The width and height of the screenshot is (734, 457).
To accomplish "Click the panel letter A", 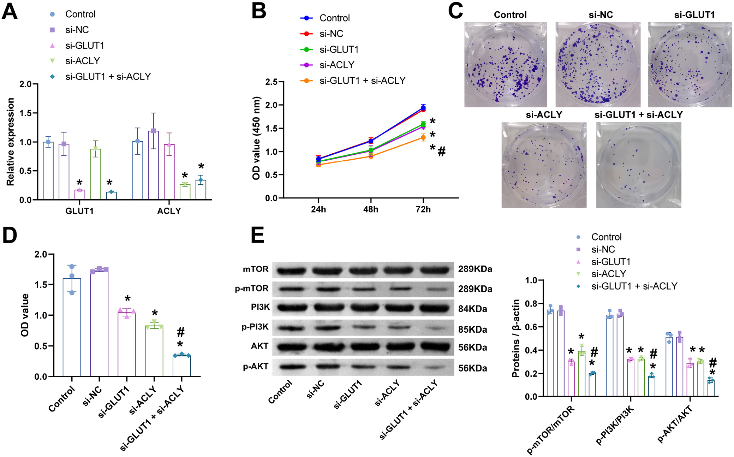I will click(10, 11).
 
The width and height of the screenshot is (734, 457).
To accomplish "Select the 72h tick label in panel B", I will click(423, 209).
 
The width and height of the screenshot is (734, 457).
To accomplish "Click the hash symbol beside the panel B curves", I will click(442, 152).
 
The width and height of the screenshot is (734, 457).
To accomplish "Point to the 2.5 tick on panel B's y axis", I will click(271, 82).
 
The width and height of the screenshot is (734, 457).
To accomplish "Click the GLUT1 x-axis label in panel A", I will click(79, 211).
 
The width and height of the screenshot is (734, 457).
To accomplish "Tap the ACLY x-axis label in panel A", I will click(169, 211).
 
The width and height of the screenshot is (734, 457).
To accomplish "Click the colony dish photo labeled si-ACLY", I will click(544, 165).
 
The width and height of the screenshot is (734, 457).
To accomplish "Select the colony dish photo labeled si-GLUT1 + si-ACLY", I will click(638, 165).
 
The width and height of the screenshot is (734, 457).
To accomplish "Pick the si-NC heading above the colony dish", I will click(601, 15).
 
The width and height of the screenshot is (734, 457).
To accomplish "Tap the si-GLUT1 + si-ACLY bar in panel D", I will click(181, 366).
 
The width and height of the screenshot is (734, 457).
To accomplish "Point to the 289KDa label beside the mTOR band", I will click(475, 269).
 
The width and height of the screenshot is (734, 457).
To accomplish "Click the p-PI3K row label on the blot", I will click(255, 327).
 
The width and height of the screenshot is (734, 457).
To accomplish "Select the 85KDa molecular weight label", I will click(472, 330).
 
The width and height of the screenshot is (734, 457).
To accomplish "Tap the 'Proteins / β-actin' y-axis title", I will click(516, 338).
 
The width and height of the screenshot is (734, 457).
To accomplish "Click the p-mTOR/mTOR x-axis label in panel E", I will click(550, 430).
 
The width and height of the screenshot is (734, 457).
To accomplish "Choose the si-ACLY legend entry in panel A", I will click(82, 61).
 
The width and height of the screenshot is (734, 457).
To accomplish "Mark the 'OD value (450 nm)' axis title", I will click(256, 138).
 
